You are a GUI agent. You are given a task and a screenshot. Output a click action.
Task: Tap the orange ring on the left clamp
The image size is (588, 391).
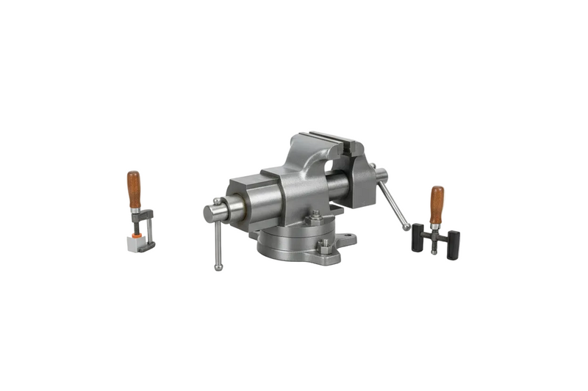(137, 235)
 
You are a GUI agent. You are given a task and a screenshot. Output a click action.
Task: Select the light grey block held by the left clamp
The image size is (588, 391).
(134, 244)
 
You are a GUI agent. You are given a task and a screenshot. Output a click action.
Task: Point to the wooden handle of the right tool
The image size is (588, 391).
(437, 204)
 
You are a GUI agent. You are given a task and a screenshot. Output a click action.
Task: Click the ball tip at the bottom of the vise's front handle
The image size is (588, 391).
(218, 267)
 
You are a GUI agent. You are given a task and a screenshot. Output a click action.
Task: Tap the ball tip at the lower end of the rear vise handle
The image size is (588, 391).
(406, 228)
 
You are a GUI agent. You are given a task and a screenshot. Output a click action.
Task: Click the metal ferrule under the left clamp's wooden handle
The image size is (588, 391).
(135, 211)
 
